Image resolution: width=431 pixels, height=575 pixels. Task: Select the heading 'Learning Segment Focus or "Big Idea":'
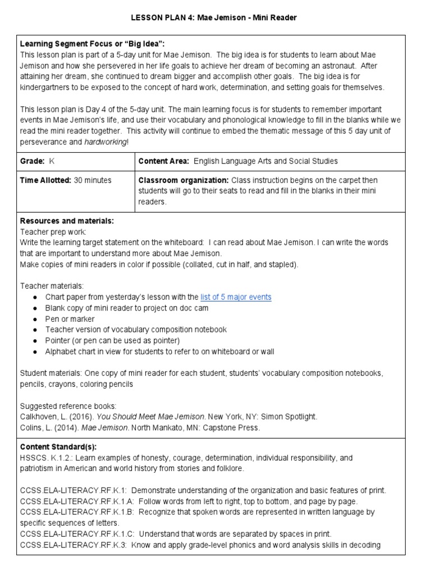pos(93,44)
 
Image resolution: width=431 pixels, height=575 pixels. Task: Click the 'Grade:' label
pos(33,161)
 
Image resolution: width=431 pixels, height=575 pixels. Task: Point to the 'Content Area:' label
pos(164,161)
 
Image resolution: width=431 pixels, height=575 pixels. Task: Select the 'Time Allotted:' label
pos(45,180)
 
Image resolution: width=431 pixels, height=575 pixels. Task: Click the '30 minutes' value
pos(93,180)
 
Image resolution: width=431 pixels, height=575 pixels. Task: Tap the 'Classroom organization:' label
pos(182,180)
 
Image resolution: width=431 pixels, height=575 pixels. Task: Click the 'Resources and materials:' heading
pos(67,221)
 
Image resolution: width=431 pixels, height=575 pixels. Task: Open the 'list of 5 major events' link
pos(236,297)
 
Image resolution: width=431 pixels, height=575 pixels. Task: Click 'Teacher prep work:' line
pos(54,231)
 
